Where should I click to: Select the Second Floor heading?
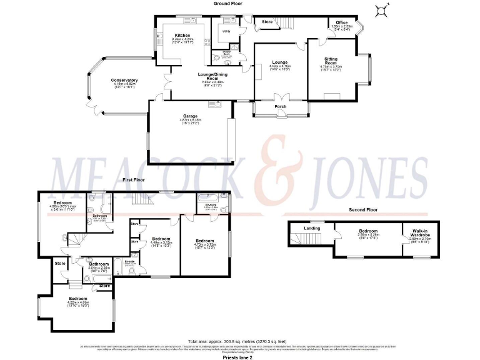pos(363,210)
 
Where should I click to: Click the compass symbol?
pos(381,9)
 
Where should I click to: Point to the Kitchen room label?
pos(182,36)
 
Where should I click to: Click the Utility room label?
pos(226,31)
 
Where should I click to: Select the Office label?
pos(340,24)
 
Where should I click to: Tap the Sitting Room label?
pos(331,61)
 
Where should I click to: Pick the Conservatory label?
pos(124,81)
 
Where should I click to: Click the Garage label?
pos(190,116)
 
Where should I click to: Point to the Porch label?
pos(281,106)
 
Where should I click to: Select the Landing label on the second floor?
pos(312,228)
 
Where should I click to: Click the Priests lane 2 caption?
pos(238,357)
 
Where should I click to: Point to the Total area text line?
pos(237,341)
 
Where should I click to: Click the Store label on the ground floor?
pos(267,22)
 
